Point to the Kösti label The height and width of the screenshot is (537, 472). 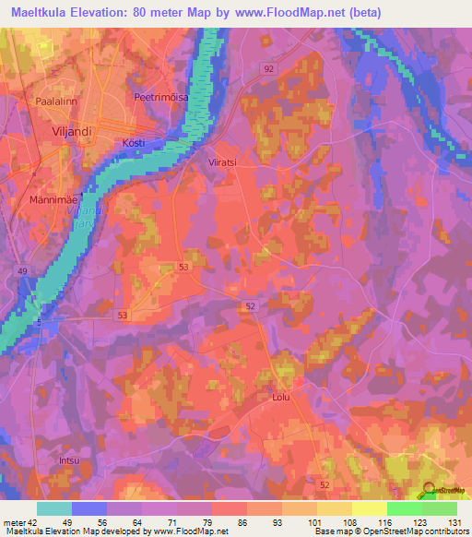(x=134, y=143)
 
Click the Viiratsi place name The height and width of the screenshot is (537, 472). (x=219, y=161)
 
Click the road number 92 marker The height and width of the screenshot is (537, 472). (x=268, y=69)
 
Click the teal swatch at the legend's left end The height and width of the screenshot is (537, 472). (x=54, y=508)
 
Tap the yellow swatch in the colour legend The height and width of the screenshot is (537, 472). (x=370, y=508)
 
